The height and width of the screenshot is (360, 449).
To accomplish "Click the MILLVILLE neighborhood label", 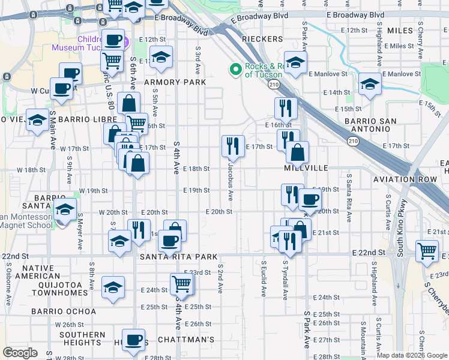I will (x=306, y=169).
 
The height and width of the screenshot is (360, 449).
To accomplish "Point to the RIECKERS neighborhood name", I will (x=262, y=39).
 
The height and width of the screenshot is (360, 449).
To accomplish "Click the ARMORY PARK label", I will (x=175, y=82).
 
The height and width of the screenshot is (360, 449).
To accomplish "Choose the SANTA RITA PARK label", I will (x=178, y=257).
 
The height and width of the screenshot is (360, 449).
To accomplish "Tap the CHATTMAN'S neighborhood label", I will (x=186, y=340).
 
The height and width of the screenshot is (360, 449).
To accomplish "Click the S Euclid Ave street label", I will (x=264, y=278).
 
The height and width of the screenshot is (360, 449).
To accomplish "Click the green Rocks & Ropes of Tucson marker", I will (x=235, y=70).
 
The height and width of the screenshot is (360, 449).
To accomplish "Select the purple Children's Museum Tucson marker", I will (x=125, y=43).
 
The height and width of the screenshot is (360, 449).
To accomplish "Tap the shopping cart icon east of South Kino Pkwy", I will (x=427, y=250).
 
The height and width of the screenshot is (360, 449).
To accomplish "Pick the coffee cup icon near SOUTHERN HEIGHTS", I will (x=134, y=339).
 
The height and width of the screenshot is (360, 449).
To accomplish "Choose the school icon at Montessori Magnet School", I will (x=65, y=210).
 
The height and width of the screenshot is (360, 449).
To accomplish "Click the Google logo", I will (x=20, y=353).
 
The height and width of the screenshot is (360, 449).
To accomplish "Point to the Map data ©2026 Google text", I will (x=412, y=355).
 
